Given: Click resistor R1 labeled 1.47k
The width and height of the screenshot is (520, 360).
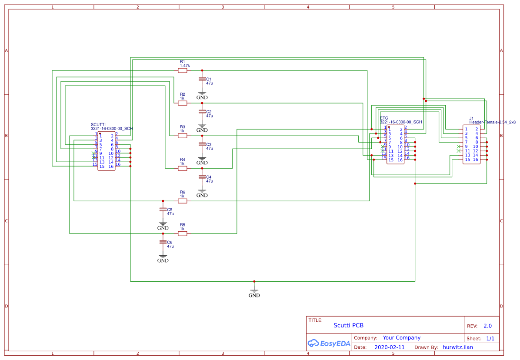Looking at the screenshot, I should click(x=183, y=70).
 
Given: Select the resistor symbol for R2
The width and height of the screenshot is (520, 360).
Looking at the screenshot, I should click(x=183, y=103).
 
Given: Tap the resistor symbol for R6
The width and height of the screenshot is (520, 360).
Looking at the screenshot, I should click(x=183, y=201).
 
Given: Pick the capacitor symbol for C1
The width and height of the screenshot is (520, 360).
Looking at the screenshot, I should click(x=202, y=79).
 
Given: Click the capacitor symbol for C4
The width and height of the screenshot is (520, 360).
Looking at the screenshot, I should click(x=202, y=177).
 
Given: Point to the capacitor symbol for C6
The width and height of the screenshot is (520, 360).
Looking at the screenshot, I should click(x=163, y=242).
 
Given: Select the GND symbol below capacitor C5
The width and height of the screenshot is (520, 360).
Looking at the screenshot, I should click(x=163, y=226).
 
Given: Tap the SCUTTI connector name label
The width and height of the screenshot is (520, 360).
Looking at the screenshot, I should click(x=98, y=124).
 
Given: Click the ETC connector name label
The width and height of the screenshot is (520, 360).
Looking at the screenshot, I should click(x=384, y=118).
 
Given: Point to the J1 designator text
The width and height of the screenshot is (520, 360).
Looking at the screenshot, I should click(x=471, y=118).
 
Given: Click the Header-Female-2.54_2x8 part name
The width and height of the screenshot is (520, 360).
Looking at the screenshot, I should click(x=492, y=123).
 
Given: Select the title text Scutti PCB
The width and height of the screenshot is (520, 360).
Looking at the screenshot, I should click(x=348, y=325).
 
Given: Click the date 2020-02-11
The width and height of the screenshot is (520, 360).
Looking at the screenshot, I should click(x=389, y=347).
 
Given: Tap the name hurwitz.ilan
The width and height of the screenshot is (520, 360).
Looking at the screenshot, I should click(x=457, y=347).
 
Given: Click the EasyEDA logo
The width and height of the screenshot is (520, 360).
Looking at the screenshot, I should click(x=329, y=343).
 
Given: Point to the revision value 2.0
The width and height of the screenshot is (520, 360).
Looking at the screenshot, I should click(x=487, y=326).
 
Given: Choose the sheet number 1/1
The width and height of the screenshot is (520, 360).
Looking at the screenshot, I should click(x=490, y=338).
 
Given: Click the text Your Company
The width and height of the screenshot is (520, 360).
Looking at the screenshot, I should click(x=401, y=338).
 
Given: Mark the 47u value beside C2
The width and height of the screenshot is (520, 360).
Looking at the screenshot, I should click(x=210, y=116).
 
